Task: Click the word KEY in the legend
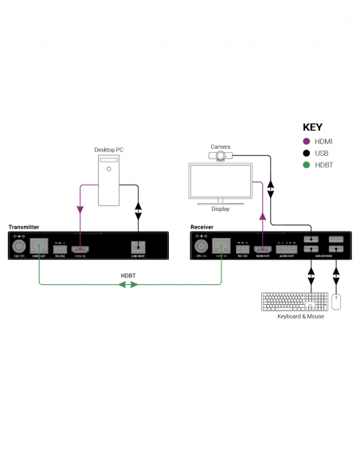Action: (x=312, y=126)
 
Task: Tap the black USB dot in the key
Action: (x=307, y=154)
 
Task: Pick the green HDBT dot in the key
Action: (x=307, y=165)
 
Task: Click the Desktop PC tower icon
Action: (x=110, y=179)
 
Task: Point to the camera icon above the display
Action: (x=220, y=158)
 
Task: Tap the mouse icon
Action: (x=336, y=303)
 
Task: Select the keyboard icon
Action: (x=293, y=303)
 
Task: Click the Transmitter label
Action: (x=24, y=228)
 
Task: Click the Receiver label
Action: (x=202, y=228)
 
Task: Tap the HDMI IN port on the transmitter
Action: (x=80, y=248)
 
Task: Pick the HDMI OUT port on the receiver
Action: (x=261, y=248)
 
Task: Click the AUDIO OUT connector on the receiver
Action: (x=286, y=248)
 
